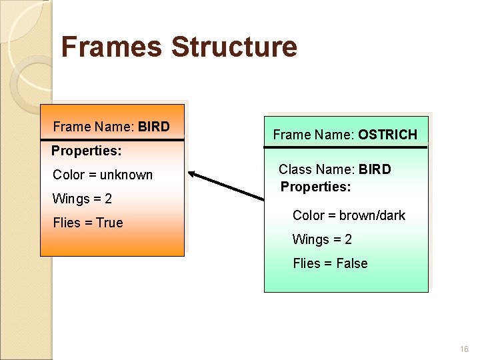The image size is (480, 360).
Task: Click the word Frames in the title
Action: [x=111, y=47]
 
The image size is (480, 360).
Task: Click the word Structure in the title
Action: [x=233, y=47]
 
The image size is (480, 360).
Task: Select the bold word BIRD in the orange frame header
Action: [x=154, y=127]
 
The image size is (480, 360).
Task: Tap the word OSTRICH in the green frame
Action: [x=387, y=135]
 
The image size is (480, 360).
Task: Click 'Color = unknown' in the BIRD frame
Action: [x=103, y=175]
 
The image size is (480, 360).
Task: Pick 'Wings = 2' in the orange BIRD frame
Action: [x=82, y=199]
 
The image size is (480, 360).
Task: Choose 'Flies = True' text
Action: [x=88, y=223]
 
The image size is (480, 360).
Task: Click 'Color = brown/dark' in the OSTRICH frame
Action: [x=349, y=215]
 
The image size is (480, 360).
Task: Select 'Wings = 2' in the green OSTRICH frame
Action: [x=322, y=239]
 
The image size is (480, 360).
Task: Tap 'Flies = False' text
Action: [x=330, y=263]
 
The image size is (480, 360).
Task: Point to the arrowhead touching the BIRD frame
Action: [x=193, y=175]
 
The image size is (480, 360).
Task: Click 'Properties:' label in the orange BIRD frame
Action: [x=87, y=151]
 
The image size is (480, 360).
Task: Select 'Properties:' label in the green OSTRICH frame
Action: [x=315, y=187]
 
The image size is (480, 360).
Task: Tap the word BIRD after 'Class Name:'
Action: [x=375, y=169]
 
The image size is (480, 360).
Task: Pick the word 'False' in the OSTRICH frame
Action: [x=352, y=263]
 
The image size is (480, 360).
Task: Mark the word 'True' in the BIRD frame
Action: [x=109, y=223]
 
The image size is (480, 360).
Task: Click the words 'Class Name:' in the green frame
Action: [x=317, y=169]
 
